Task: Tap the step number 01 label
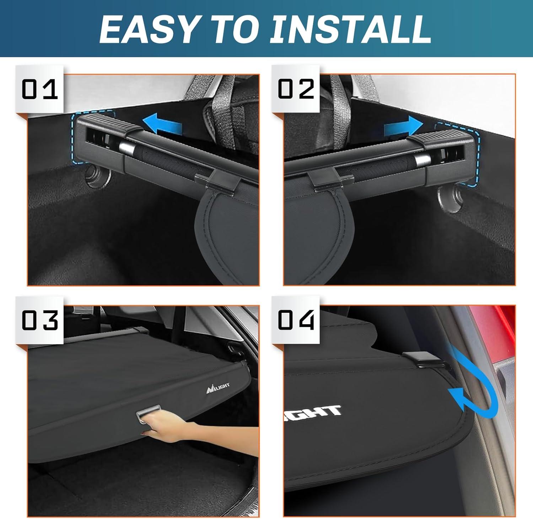[39, 89]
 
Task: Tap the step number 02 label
[296, 89]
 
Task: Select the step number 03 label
[39, 320]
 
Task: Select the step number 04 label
[296, 320]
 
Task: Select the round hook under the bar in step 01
[97, 177]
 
